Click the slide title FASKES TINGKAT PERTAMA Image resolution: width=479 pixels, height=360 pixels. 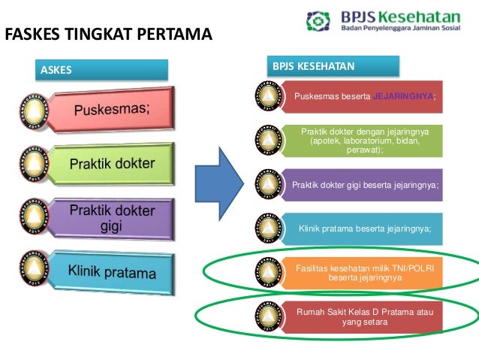pos(108,35)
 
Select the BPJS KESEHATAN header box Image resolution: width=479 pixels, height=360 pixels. pos(334,66)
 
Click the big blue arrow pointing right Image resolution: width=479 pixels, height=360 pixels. pos(218,180)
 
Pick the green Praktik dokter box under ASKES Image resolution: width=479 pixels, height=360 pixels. pos(113,163)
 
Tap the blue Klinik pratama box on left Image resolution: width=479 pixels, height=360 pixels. pos(113,270)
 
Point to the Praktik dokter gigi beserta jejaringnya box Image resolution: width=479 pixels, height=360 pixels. pos(365,184)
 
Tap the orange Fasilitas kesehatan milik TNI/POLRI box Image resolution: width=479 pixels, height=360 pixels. pos(365,273)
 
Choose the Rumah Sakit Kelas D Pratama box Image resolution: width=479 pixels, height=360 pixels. pos(365,316)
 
